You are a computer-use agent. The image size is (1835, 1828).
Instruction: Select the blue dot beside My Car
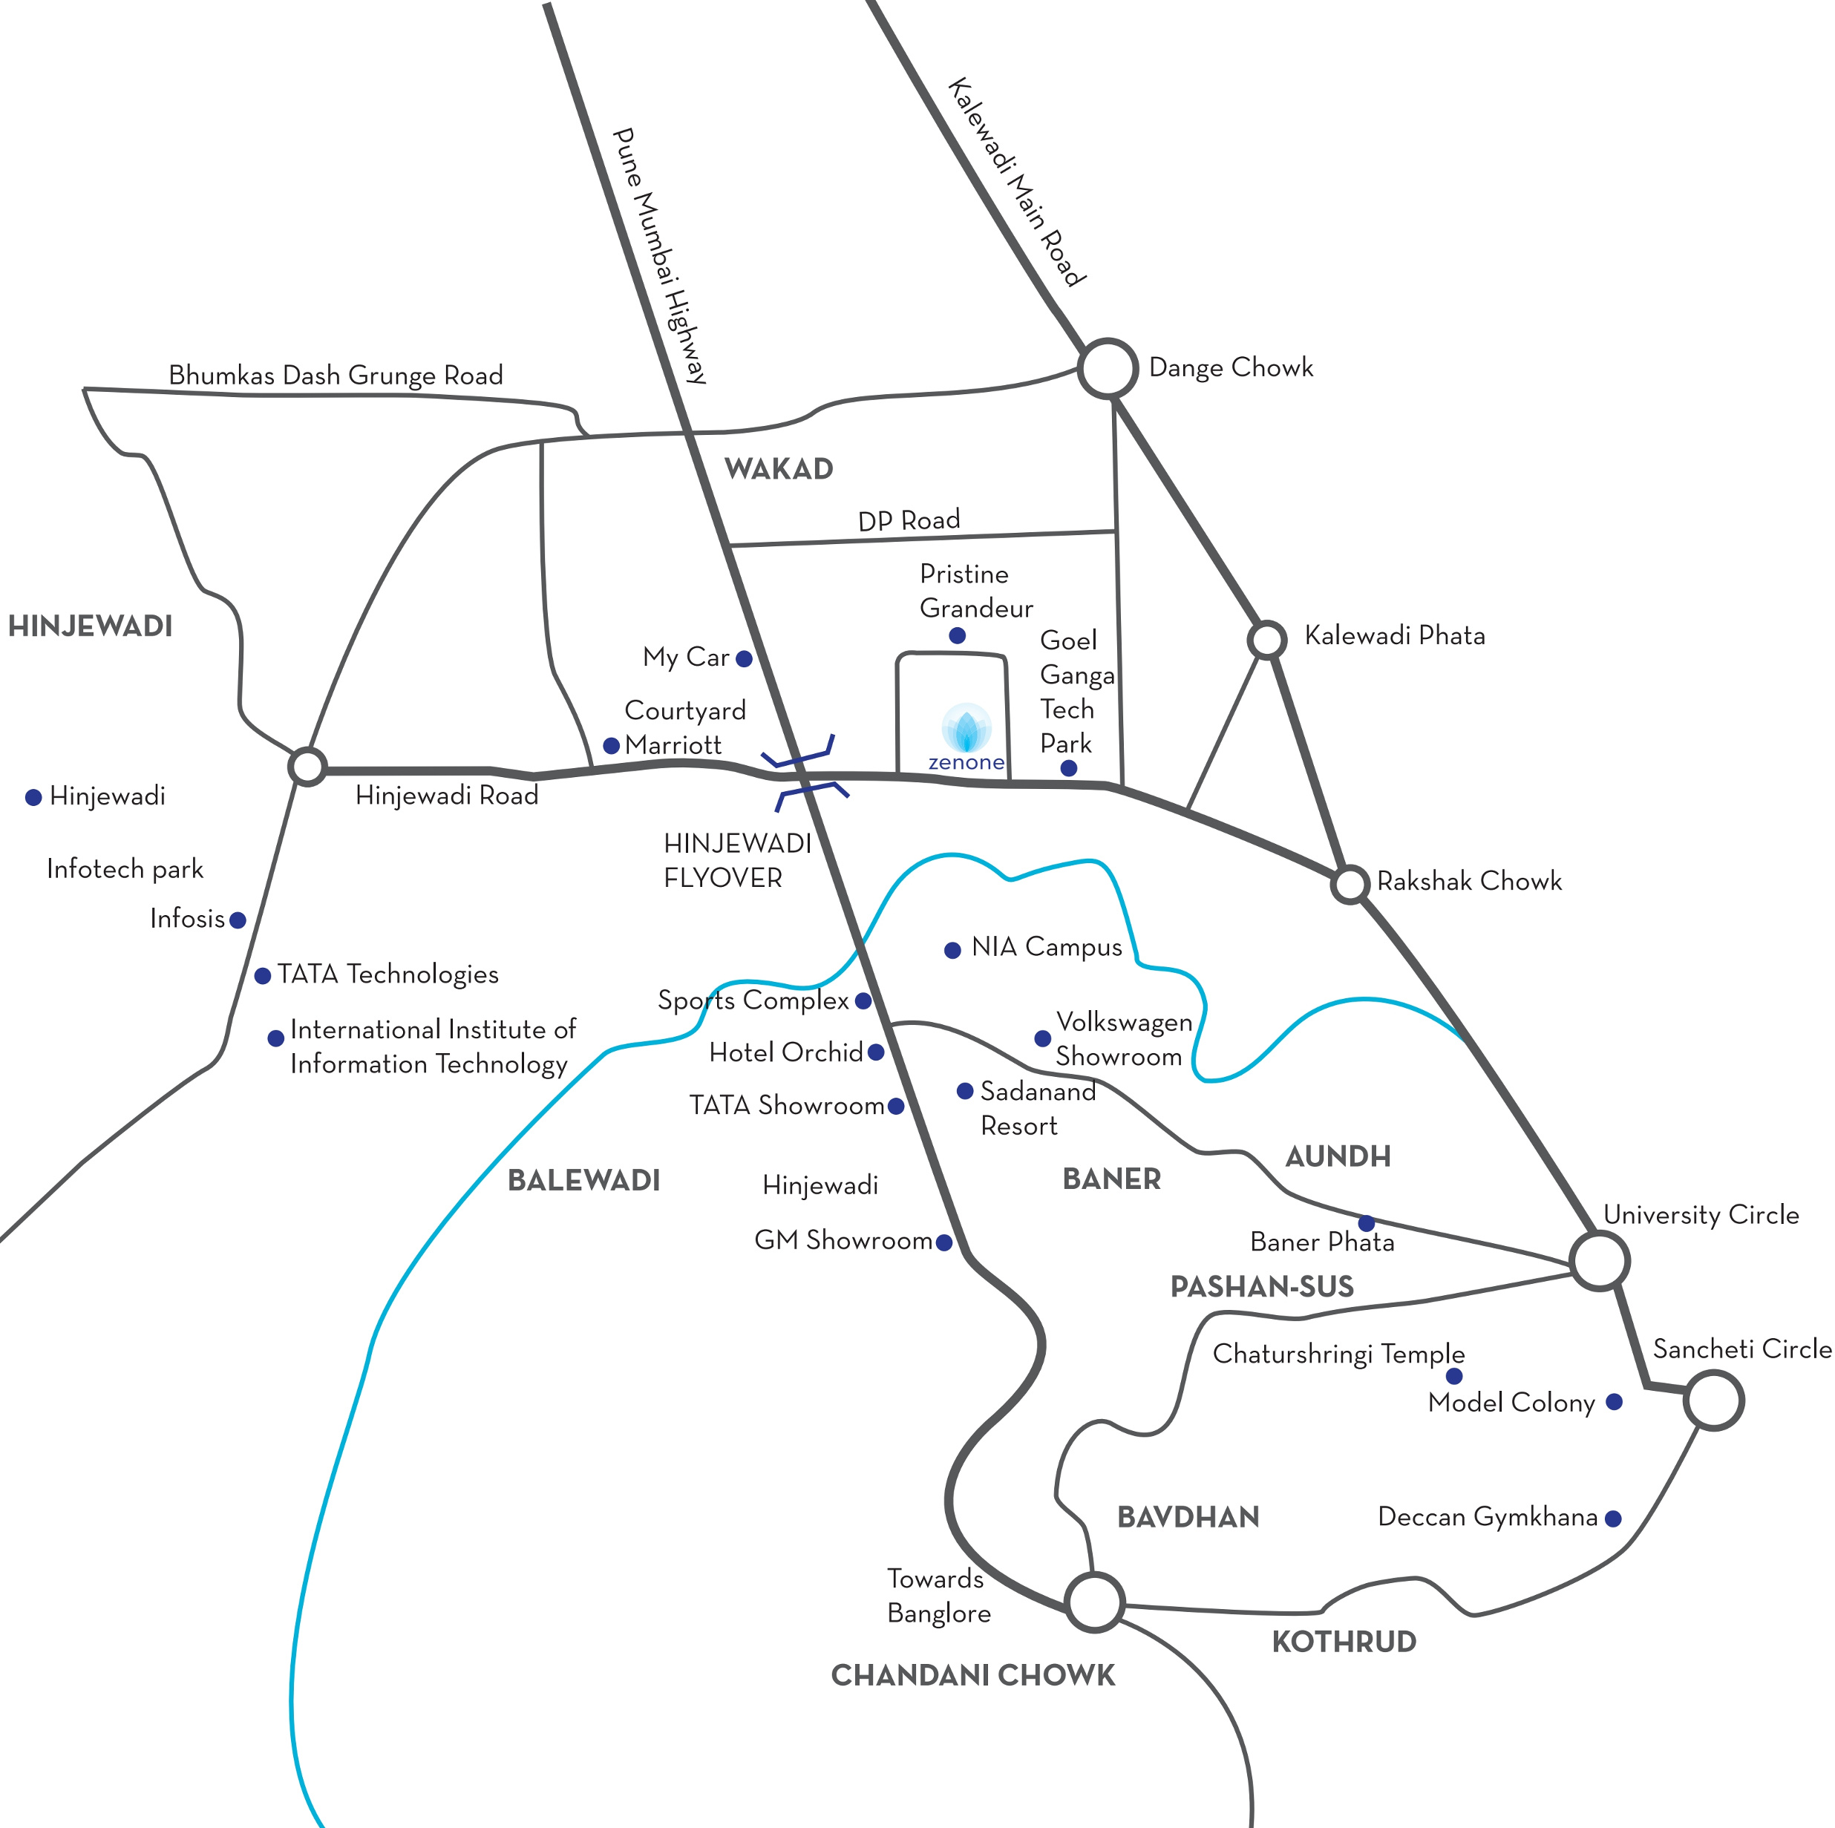point(745,658)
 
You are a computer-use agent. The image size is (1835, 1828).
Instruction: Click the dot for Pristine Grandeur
point(958,635)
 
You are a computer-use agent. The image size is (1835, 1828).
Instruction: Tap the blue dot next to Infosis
point(238,920)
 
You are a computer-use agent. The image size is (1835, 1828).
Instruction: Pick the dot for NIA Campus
point(952,949)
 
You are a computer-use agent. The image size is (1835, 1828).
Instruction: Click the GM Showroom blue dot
point(944,1242)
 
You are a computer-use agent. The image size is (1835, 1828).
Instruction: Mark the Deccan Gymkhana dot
point(1613,1519)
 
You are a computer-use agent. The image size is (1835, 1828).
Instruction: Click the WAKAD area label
point(779,468)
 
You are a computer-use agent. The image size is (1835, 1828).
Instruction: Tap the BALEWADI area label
point(584,1180)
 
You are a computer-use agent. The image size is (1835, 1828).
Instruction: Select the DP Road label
point(909,520)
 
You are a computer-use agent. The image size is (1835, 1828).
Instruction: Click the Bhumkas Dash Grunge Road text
point(336,375)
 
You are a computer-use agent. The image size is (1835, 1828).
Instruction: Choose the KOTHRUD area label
point(1344,1641)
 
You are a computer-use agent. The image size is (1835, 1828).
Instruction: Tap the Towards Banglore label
point(938,1596)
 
